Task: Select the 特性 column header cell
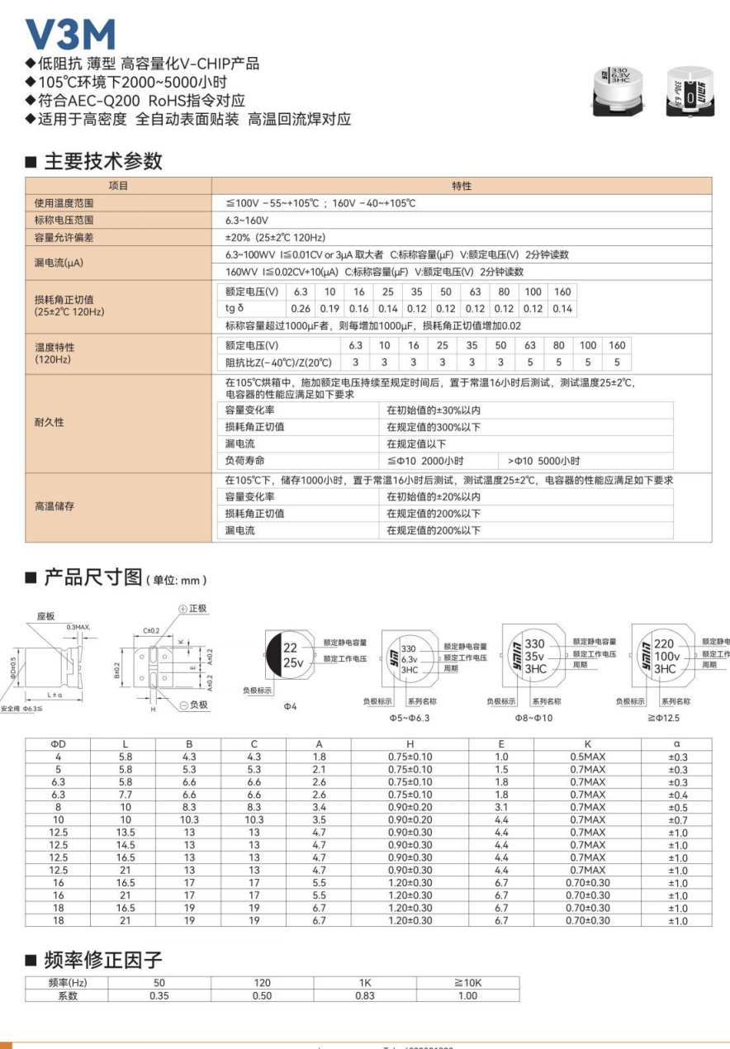pyautogui.click(x=462, y=186)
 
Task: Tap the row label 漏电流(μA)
pyautogui.click(x=59, y=263)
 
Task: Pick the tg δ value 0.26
pyautogui.click(x=301, y=309)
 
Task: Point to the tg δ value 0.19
pyautogui.click(x=329, y=309)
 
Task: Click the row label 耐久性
pyautogui.click(x=49, y=422)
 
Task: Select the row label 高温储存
pyautogui.click(x=54, y=506)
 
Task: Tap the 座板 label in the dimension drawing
pyautogui.click(x=46, y=616)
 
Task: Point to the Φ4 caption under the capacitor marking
pyautogui.click(x=290, y=707)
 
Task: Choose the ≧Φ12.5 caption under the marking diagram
pyautogui.click(x=663, y=718)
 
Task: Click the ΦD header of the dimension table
pyautogui.click(x=58, y=744)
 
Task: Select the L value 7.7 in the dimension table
pyautogui.click(x=125, y=795)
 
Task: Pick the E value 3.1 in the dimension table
pyautogui.click(x=501, y=807)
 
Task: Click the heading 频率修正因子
pyautogui.click(x=103, y=960)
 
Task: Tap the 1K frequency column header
pyautogui.click(x=365, y=983)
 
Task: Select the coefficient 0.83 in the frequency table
pyautogui.click(x=365, y=995)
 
